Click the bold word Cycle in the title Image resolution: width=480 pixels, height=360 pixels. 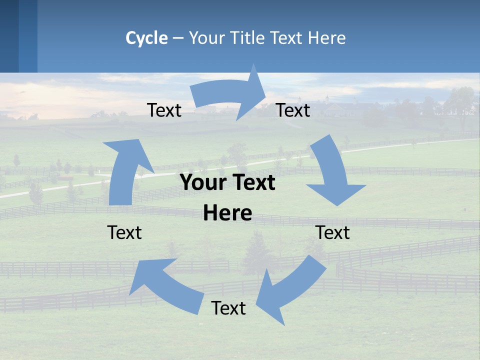(x=146, y=38)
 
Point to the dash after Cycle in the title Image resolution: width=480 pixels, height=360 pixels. (x=178, y=38)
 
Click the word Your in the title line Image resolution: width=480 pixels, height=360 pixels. (x=207, y=38)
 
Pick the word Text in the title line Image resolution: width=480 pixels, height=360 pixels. (x=287, y=38)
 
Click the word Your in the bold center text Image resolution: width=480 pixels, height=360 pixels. (x=201, y=182)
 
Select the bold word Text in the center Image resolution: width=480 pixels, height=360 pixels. (x=252, y=182)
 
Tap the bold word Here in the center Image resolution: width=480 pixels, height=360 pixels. (x=227, y=213)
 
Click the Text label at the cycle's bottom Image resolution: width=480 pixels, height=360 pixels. (x=228, y=308)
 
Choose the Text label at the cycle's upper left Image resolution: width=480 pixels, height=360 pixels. (x=164, y=110)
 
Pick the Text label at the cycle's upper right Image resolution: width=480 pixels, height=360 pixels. (x=293, y=110)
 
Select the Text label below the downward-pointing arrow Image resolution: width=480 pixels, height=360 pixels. (x=332, y=232)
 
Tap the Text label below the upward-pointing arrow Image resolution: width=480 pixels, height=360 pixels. (x=124, y=232)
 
